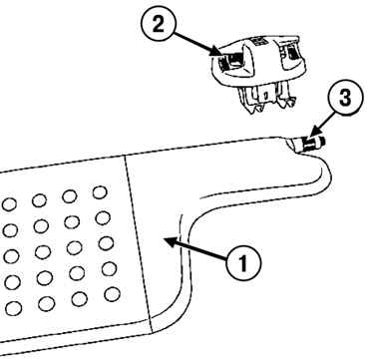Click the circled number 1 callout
pos(243,263)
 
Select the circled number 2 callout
pos(159,25)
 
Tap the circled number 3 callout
pos(345,98)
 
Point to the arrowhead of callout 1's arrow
pos(171,242)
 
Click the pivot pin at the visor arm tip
pos(311,144)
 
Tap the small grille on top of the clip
pos(258,42)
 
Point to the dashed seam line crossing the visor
pos(138,244)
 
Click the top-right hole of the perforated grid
pos(100,192)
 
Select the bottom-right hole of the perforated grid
pos(112,294)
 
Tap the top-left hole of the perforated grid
pos(9,204)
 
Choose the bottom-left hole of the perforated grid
pos(13,308)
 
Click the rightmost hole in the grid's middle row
pos(106,243)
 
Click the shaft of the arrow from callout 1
pos(200,250)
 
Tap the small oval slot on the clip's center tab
pos(265,96)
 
